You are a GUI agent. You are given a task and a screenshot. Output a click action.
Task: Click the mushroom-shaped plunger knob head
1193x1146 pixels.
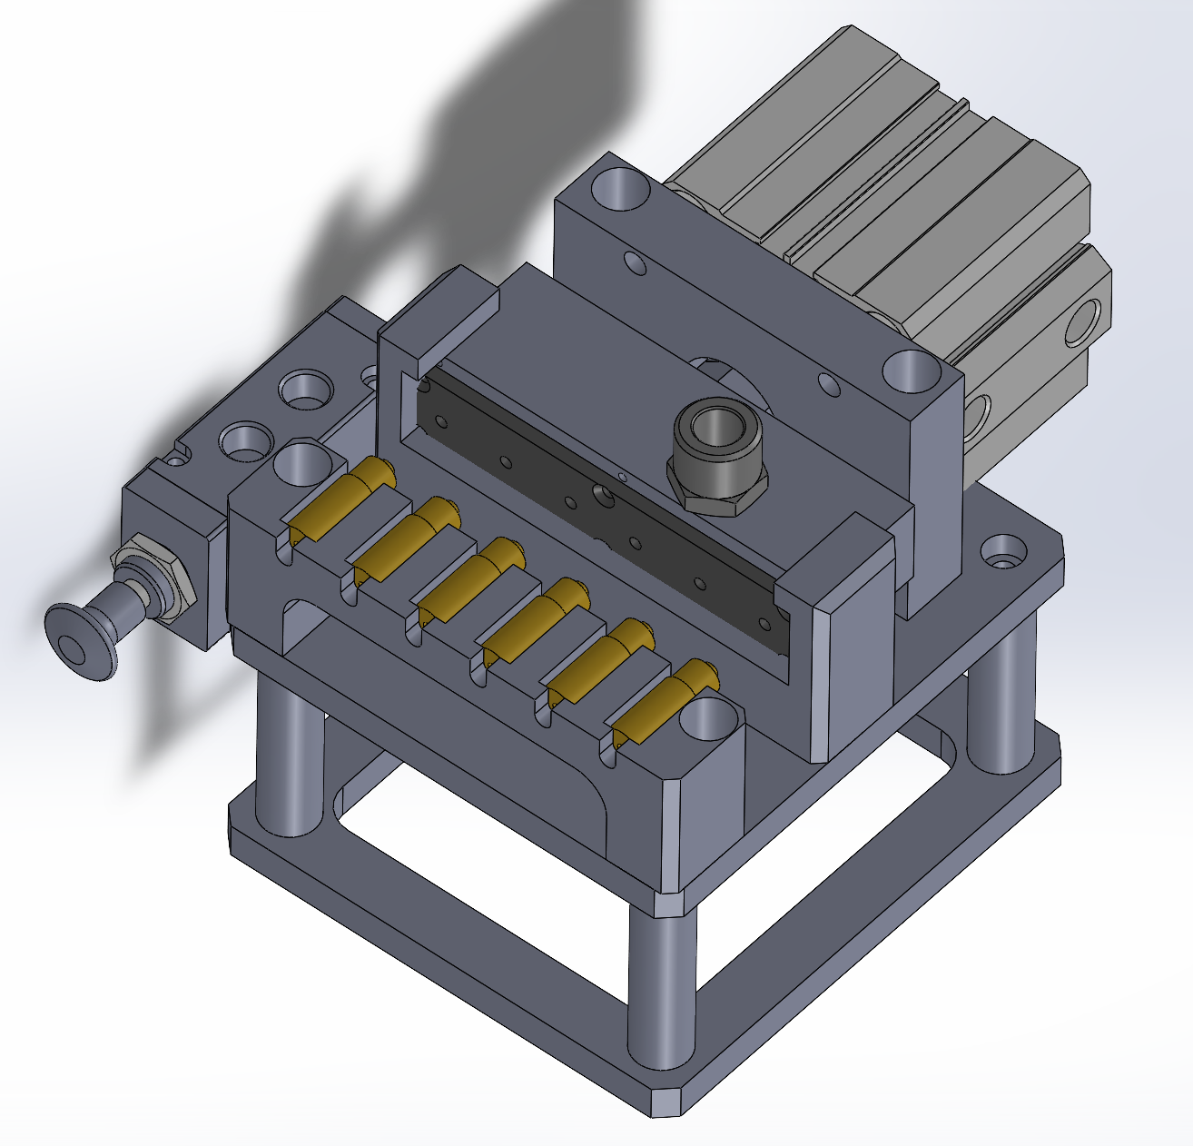click(x=80, y=641)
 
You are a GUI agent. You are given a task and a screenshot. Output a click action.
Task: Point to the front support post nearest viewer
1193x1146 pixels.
click(x=662, y=990)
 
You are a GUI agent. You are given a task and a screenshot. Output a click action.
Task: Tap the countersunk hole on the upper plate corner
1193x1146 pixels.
click(x=1002, y=550)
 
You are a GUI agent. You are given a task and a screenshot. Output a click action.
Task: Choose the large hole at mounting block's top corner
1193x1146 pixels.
click(x=621, y=189)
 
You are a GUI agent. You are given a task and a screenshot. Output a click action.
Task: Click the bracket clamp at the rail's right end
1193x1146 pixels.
click(x=849, y=636)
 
